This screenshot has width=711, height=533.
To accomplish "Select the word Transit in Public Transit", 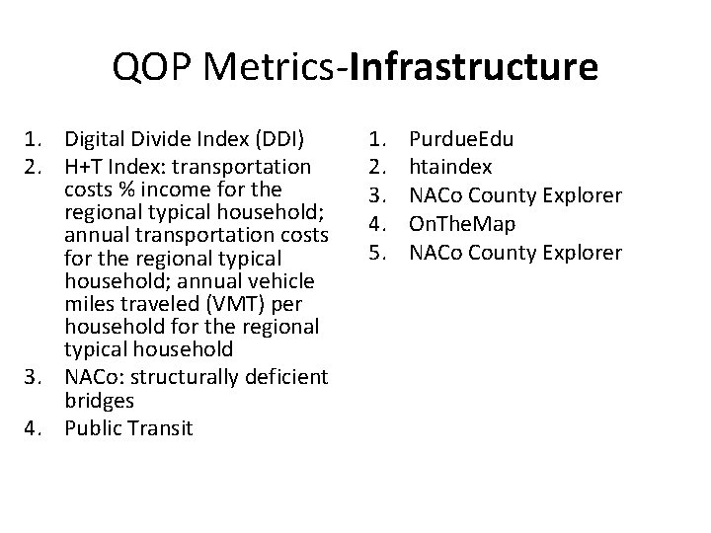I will (x=163, y=427).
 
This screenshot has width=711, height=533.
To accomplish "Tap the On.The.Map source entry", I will (x=462, y=224).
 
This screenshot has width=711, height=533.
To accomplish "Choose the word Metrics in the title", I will (x=264, y=68).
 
